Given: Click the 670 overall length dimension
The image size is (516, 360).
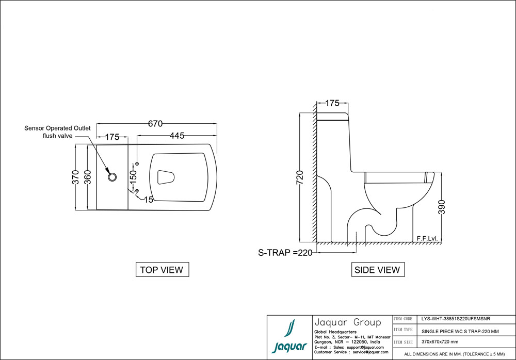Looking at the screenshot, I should [155, 124].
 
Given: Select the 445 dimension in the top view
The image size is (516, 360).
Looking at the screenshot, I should [177, 136].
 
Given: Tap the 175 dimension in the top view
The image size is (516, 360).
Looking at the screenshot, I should [112, 137].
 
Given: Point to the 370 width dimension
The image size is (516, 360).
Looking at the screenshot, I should [75, 177].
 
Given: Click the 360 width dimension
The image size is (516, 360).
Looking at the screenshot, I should [88, 177].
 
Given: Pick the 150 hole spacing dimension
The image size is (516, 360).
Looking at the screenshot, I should [133, 177].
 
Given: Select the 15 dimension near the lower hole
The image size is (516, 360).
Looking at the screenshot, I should [149, 200].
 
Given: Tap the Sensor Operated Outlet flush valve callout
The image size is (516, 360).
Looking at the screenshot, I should [57, 132].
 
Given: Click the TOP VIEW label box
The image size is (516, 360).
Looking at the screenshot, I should [162, 269].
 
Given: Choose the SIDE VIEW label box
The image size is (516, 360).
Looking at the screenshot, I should [377, 269].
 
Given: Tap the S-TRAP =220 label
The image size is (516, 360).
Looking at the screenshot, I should [285, 253].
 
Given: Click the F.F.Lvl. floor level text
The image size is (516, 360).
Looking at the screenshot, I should [427, 238].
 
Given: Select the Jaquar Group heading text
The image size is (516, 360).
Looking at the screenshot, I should [347, 322].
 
